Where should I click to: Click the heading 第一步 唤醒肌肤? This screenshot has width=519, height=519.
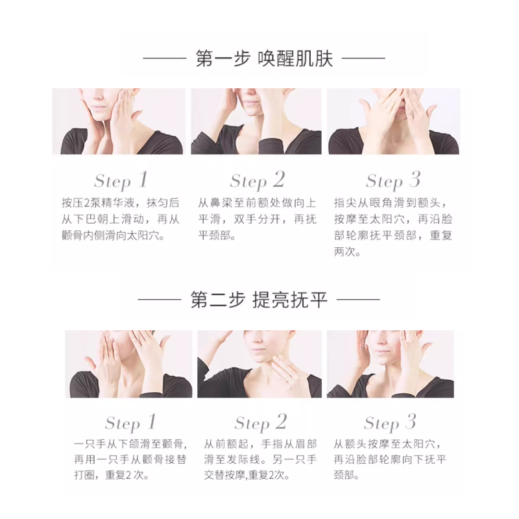point(264,58)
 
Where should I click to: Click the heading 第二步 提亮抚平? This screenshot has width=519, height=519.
point(259,300)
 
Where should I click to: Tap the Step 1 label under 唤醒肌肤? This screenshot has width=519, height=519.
point(121,181)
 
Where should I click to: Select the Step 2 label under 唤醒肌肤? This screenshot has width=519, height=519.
point(258,181)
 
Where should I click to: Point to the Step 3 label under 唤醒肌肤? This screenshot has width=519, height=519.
point(393,181)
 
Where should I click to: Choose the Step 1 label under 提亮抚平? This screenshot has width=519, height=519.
point(130,423)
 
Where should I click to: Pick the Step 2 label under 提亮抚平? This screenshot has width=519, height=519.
point(261,423)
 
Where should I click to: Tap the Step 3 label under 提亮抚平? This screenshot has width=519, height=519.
point(390,423)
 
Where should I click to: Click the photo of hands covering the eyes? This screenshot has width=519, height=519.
point(394,121)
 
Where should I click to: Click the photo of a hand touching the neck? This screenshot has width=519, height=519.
point(259,364)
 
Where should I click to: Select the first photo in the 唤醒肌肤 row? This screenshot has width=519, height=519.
point(119,121)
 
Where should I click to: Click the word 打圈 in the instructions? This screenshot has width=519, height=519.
point(85,476)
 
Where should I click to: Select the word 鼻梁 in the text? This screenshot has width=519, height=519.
point(221,202)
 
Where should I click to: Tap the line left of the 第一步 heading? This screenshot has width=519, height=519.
point(165,58)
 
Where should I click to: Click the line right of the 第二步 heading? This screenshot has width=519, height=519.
point(358,300)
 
